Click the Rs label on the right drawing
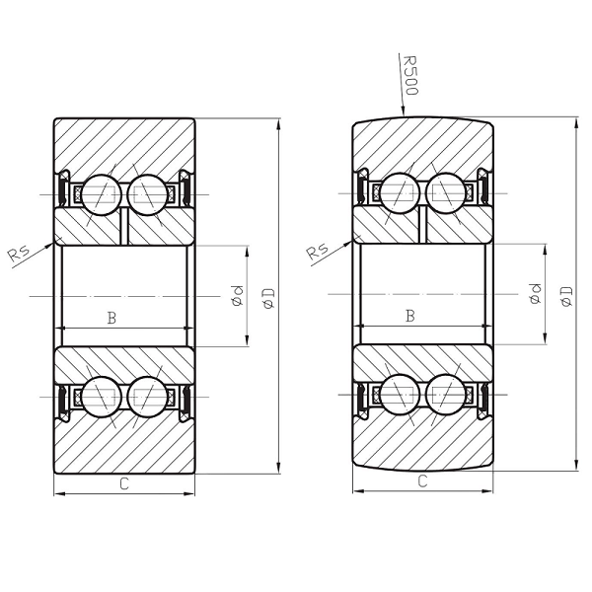click(x=318, y=251)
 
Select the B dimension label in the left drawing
click(x=111, y=317)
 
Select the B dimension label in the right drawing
click(x=410, y=316)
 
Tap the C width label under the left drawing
click(x=123, y=482)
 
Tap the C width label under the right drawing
click(x=422, y=481)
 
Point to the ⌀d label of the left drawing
click(x=237, y=295)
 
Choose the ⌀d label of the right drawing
click(x=536, y=293)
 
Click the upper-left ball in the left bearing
click(x=100, y=193)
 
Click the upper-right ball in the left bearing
click(x=148, y=193)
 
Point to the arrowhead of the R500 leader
click(x=404, y=112)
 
